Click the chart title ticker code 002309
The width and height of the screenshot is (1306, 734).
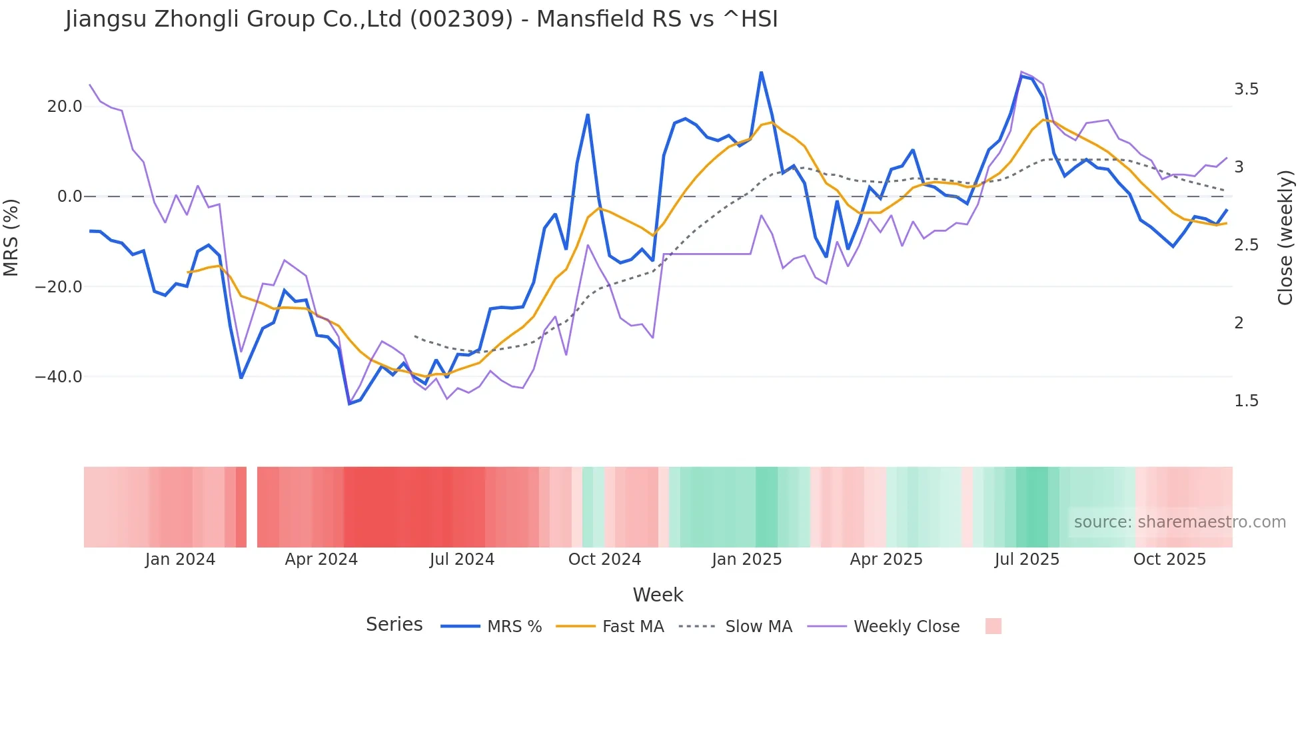[461, 19]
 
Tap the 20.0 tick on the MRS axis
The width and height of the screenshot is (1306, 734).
[65, 107]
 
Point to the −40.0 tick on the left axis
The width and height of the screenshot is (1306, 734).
[59, 377]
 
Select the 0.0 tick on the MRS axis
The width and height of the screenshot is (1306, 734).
[70, 196]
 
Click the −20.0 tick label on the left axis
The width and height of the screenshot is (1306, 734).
[59, 287]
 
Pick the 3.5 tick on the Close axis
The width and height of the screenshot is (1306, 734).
[1246, 89]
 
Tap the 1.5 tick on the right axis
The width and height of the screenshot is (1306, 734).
[1246, 401]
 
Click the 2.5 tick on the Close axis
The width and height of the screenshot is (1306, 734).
[1246, 245]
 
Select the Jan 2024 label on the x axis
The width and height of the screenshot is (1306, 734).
[180, 559]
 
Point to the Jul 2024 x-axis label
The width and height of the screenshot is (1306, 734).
[462, 559]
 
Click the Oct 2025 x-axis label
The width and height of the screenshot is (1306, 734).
[1169, 559]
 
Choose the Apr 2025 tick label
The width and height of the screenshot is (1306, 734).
[886, 559]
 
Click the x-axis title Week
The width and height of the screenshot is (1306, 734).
[658, 595]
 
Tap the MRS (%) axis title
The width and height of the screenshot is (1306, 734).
[11, 238]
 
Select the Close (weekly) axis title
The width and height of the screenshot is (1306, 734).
[1285, 238]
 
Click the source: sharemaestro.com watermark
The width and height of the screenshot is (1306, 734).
[1179, 522]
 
